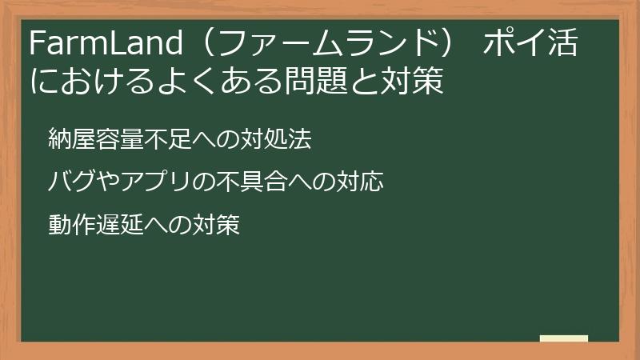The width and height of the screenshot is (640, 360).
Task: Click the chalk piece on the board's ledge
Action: coord(564,338)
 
